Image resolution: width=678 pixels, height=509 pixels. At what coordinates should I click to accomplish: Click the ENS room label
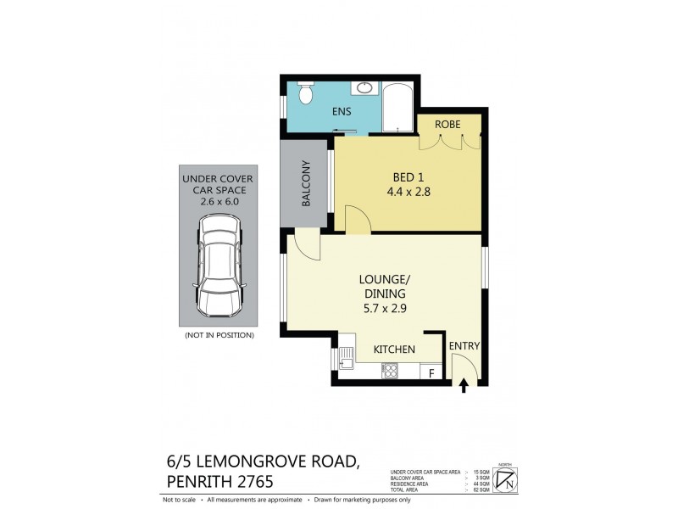click(x=342, y=112)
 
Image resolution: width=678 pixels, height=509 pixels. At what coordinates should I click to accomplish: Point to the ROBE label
click(x=447, y=124)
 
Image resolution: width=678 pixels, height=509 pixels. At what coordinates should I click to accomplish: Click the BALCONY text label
click(x=306, y=185)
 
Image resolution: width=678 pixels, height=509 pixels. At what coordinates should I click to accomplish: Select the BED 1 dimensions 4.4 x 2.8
click(x=408, y=192)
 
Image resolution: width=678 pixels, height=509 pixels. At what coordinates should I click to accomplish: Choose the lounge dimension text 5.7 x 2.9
click(x=384, y=308)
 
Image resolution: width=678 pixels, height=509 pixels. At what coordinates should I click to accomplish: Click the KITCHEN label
click(x=394, y=349)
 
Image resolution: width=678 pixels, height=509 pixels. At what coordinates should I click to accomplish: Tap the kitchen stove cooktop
click(x=391, y=369)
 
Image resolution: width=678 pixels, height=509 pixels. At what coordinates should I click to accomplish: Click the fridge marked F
click(x=432, y=372)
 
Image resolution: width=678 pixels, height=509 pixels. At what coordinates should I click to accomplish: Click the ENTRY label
click(x=464, y=346)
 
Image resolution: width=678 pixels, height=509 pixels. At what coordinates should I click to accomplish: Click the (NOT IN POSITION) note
click(x=219, y=335)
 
